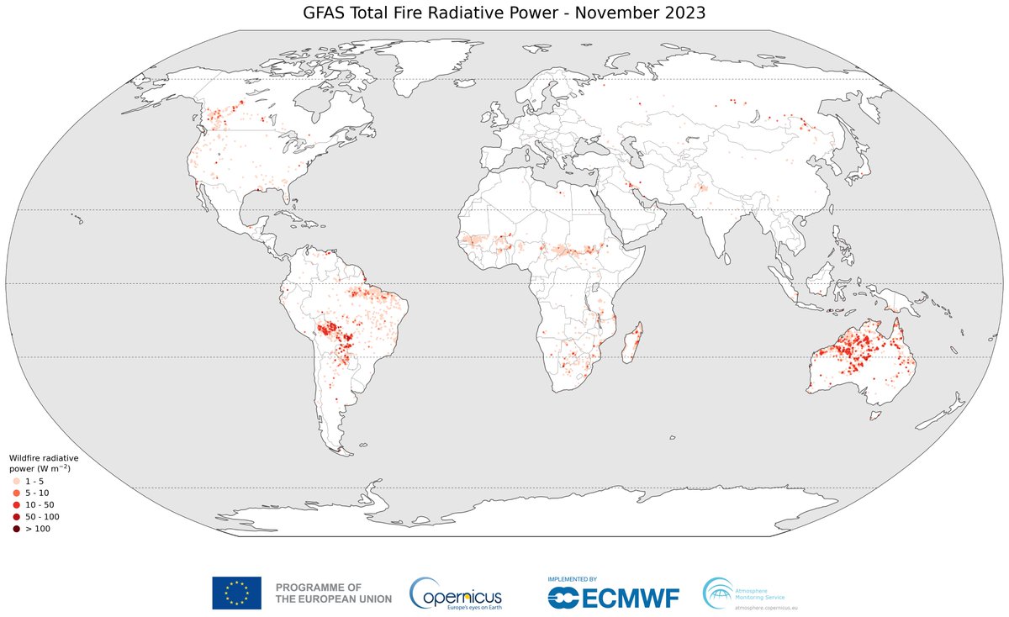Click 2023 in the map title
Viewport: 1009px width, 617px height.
tap(679, 13)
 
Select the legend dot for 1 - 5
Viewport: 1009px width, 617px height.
tap(16, 480)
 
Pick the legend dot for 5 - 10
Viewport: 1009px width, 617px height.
tap(16, 492)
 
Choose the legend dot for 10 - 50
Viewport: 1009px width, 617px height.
tap(16, 504)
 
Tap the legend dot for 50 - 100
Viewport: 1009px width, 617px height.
tap(16, 516)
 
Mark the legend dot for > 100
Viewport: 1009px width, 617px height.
tap(16, 528)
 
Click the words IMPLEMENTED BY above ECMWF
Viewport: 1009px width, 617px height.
tap(572, 579)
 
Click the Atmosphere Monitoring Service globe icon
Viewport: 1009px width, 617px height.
tap(718, 591)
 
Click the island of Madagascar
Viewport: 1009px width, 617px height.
tap(635, 342)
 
